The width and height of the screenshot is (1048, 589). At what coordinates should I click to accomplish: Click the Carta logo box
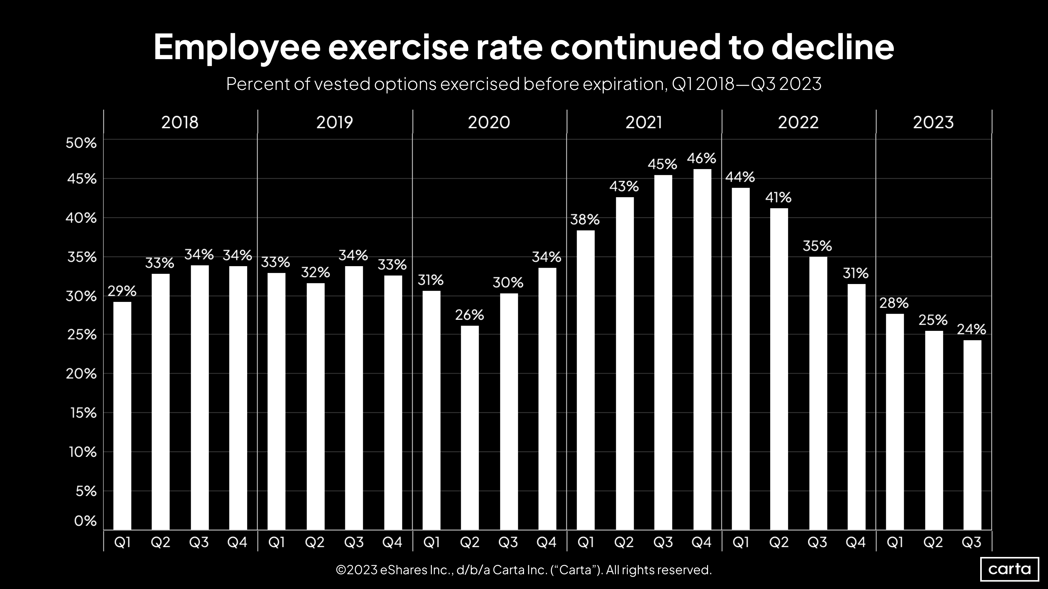pyautogui.click(x=1009, y=569)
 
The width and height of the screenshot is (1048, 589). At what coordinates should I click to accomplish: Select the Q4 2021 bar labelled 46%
pyautogui.click(x=702, y=350)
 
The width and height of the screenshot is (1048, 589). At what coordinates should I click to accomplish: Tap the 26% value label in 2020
pyautogui.click(x=469, y=315)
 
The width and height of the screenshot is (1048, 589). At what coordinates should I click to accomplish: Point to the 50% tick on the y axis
pyautogui.click(x=81, y=143)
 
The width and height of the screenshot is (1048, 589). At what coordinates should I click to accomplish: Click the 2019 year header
pyautogui.click(x=334, y=122)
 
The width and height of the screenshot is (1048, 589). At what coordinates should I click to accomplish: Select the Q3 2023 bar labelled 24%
pyautogui.click(x=972, y=435)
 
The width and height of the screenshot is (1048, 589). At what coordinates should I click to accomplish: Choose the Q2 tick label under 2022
pyautogui.click(x=779, y=542)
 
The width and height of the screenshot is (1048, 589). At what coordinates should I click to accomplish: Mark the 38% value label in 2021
pyautogui.click(x=585, y=220)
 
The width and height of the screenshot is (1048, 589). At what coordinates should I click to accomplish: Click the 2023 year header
pyautogui.click(x=933, y=122)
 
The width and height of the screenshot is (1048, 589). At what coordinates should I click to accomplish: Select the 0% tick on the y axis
pyautogui.click(x=85, y=521)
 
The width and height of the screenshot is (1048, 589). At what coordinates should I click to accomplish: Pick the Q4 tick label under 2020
pyautogui.click(x=547, y=542)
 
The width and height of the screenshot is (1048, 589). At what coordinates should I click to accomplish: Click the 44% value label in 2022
pyautogui.click(x=740, y=177)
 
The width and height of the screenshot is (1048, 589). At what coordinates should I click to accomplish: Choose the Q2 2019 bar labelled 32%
pyautogui.click(x=315, y=407)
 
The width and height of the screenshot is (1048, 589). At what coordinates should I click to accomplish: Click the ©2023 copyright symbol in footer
pyautogui.click(x=341, y=570)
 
